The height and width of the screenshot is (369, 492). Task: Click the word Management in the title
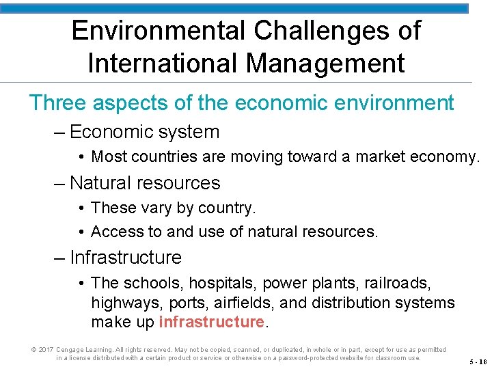[x=325, y=63]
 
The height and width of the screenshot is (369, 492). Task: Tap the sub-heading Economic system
[x=144, y=132]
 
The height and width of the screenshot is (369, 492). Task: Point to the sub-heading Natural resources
[x=145, y=183]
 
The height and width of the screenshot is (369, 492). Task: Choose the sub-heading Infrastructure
[x=126, y=258]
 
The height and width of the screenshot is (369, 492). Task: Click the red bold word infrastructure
[x=211, y=321]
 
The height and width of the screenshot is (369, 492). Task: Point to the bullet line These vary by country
[x=173, y=208]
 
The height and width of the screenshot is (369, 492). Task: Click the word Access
[x=115, y=232]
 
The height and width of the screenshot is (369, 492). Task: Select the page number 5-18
[x=478, y=361]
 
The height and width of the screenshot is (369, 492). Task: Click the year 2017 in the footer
[x=46, y=350]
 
